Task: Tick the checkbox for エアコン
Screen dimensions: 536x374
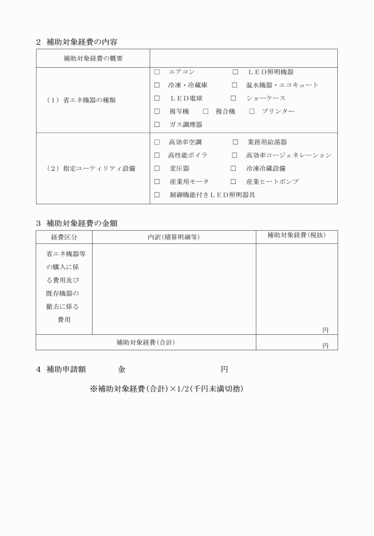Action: [x=157, y=72]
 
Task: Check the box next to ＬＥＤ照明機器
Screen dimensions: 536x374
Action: [x=236, y=72]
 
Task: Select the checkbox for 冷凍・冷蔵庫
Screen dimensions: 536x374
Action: [x=157, y=85]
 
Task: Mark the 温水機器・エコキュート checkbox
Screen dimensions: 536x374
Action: [x=234, y=85]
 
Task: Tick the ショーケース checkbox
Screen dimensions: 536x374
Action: [x=234, y=98]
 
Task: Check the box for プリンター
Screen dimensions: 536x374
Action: [x=252, y=112]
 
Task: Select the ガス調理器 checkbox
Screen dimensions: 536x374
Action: [x=157, y=125]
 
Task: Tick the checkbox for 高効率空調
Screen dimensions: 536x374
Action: [x=157, y=142]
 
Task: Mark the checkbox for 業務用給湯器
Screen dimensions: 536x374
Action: [x=236, y=142]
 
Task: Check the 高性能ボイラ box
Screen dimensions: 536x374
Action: [x=157, y=156]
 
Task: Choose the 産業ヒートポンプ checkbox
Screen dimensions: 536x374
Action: [x=234, y=182]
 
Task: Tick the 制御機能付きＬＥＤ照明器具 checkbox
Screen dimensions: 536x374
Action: [x=157, y=195]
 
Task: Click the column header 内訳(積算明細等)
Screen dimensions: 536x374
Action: [x=173, y=237]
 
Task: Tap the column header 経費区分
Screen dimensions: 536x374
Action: [x=64, y=237]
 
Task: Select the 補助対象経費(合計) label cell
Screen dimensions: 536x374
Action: [x=145, y=342]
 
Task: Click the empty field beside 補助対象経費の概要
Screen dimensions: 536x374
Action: [x=243, y=58]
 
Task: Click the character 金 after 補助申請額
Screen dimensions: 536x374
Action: [x=122, y=370]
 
